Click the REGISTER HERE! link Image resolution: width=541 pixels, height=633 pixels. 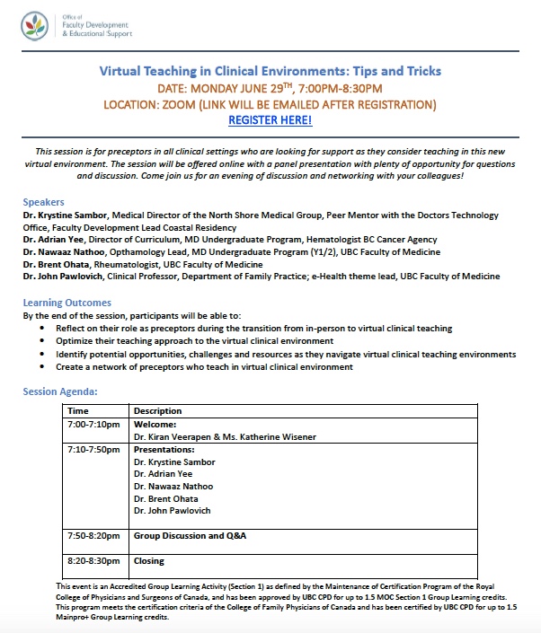pyautogui.click(x=270, y=119)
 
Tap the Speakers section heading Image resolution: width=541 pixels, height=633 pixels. pyautogui.click(x=43, y=202)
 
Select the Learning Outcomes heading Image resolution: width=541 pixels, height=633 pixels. pyautogui.click(x=67, y=303)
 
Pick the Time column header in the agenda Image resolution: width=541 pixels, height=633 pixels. pyautogui.click(x=79, y=411)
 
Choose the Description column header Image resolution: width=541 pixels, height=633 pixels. pyautogui.click(x=157, y=411)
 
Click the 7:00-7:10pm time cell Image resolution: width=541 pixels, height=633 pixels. pyautogui.click(x=92, y=424)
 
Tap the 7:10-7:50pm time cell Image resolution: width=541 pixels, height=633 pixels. pyautogui.click(x=93, y=449)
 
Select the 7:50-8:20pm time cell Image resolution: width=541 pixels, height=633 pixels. pyautogui.click(x=93, y=536)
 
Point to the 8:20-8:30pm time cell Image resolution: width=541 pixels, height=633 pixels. pyautogui.click(x=93, y=561)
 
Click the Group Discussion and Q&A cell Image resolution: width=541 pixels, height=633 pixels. pyautogui.click(x=190, y=536)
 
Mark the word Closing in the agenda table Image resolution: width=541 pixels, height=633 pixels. pyautogui.click(x=149, y=561)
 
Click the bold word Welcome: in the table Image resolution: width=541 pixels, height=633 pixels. pyautogui.click(x=155, y=424)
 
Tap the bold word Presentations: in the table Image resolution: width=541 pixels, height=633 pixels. pyautogui.click(x=164, y=449)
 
